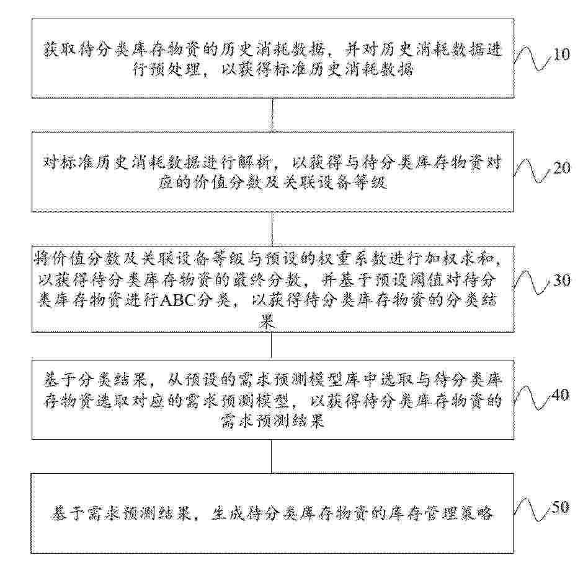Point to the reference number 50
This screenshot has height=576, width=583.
(560, 508)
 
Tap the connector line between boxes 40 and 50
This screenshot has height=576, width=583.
(273, 456)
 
